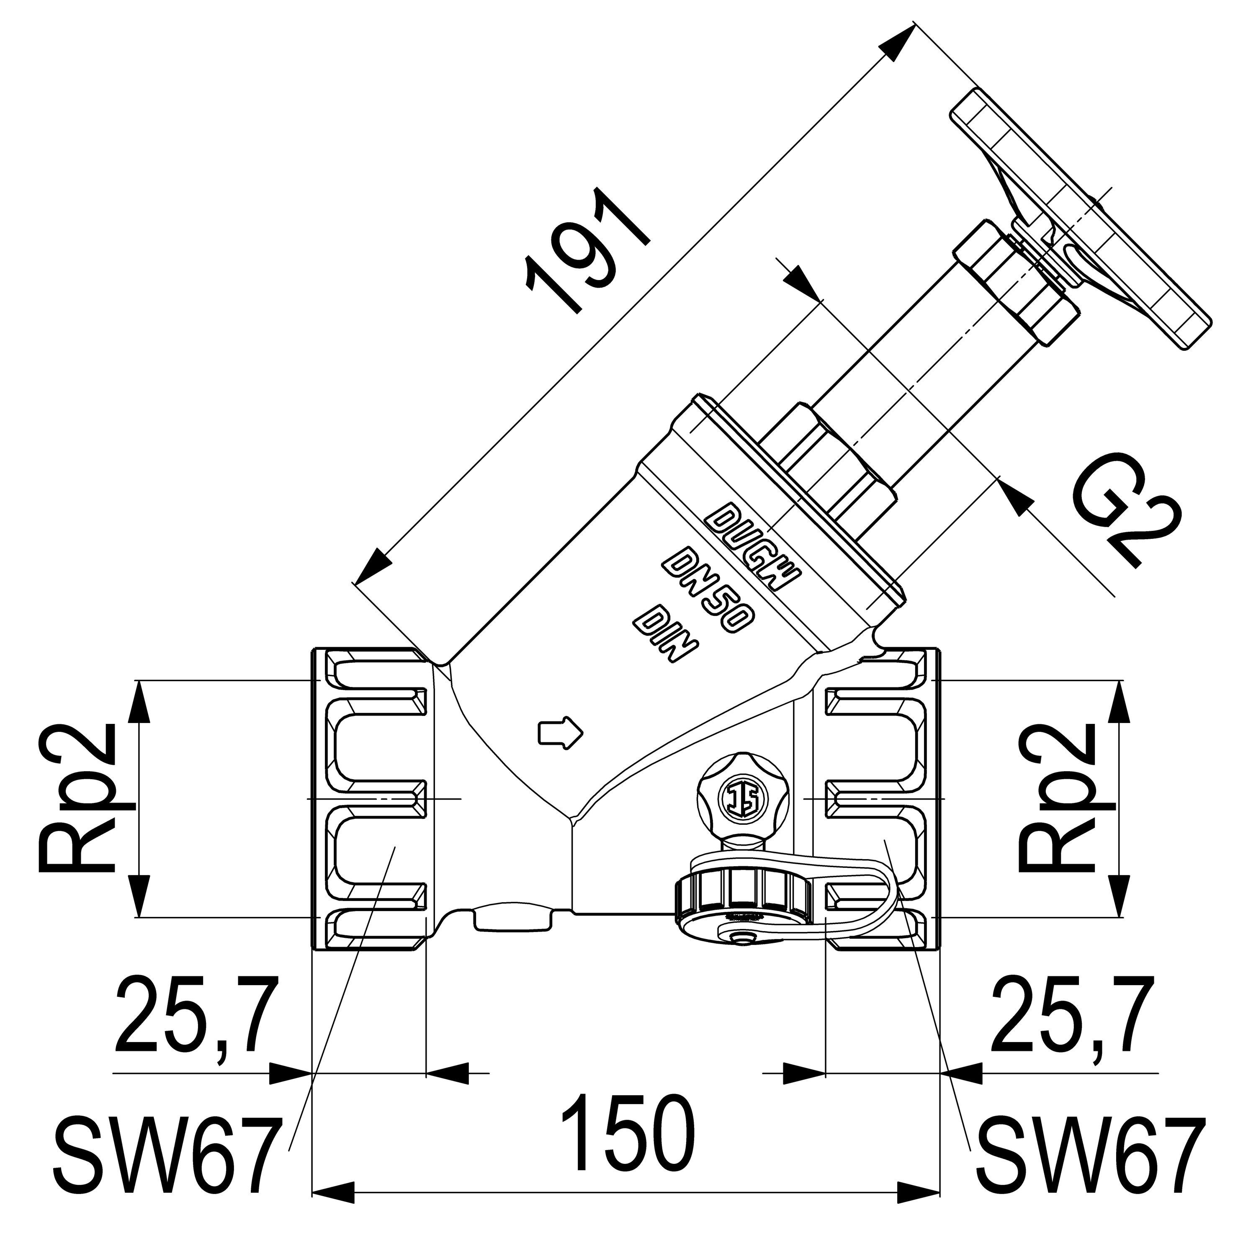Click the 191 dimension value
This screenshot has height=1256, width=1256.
(x=588, y=250)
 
